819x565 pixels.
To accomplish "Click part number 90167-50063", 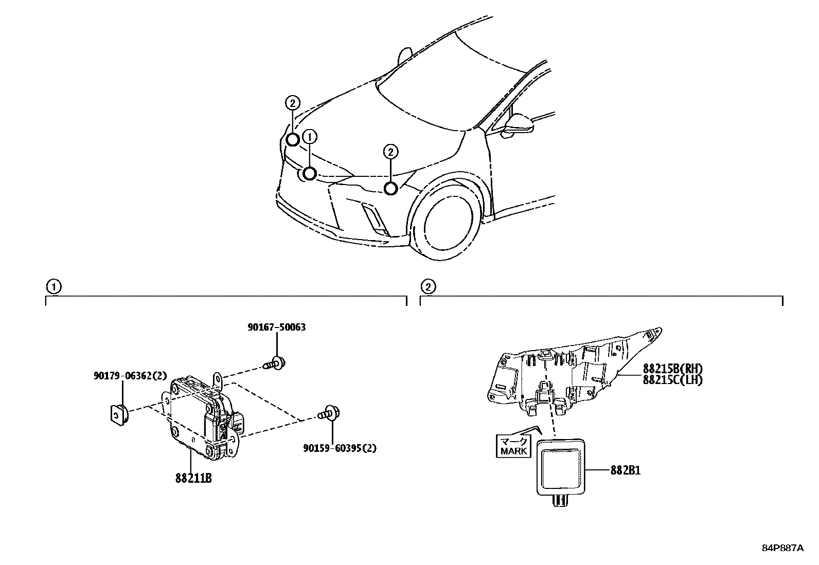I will click(x=277, y=327).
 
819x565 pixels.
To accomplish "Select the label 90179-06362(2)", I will click(x=130, y=376).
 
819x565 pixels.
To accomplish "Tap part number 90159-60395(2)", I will click(x=340, y=448).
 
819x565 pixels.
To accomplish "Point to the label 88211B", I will click(x=193, y=478).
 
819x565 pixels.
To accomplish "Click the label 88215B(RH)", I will click(x=672, y=369).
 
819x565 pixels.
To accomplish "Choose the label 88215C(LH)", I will click(x=672, y=380).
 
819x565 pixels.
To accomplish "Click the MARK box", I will click(x=513, y=446).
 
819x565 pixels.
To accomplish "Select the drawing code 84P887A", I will click(x=782, y=548).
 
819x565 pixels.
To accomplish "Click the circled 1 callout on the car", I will click(x=309, y=137).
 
